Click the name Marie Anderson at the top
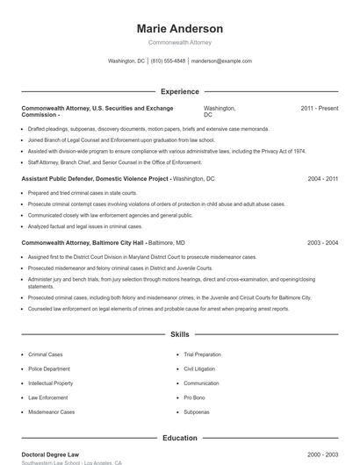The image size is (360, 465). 179,29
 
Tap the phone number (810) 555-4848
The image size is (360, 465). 168,61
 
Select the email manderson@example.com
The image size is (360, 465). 221,61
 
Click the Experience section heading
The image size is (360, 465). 179,91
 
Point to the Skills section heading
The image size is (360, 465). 179,334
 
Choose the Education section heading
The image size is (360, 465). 179,438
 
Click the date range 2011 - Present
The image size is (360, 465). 319,108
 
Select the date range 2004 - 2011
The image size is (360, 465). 322,178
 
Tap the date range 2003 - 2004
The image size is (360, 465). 322,242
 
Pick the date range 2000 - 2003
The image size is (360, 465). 322,454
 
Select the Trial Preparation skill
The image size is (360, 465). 204,354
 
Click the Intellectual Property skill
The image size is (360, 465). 50,383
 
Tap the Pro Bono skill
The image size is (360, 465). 195,397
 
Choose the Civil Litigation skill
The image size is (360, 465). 199,369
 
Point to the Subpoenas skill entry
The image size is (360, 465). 196,411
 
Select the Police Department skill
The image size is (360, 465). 49,369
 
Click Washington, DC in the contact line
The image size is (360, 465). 126,61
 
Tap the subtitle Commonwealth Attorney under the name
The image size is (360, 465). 179,42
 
